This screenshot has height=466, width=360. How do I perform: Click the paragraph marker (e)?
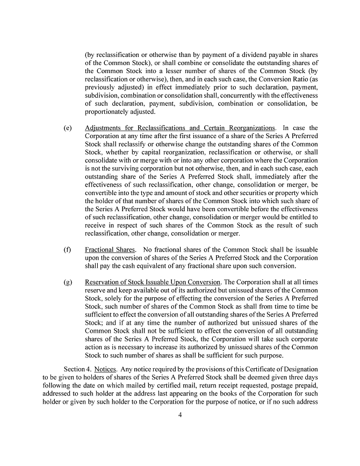[x=68, y=128]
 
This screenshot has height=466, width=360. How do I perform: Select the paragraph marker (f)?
[x=68, y=250]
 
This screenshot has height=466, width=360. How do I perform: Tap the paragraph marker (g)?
[x=68, y=282]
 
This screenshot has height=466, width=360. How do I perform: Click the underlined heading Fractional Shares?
[x=110, y=250]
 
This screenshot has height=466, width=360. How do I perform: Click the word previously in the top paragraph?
[x=104, y=88]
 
